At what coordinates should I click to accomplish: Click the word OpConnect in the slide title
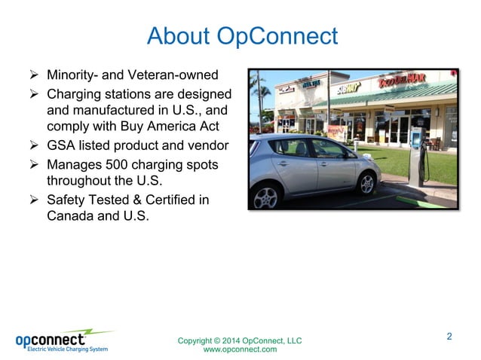coord(277,36)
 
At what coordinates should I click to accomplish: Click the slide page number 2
coord(449,336)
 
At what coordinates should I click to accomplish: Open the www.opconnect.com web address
coord(240,349)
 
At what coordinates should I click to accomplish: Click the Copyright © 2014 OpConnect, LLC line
coord(240,340)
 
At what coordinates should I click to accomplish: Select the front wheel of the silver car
coord(366,183)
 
